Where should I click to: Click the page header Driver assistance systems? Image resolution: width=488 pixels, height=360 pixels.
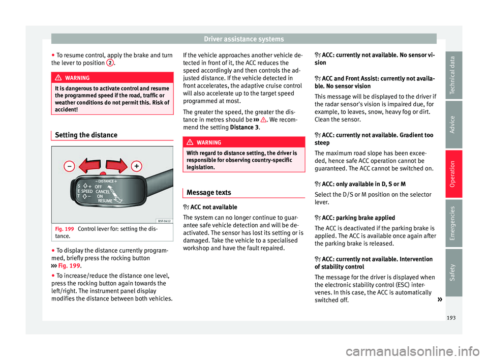click(x=244, y=39)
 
